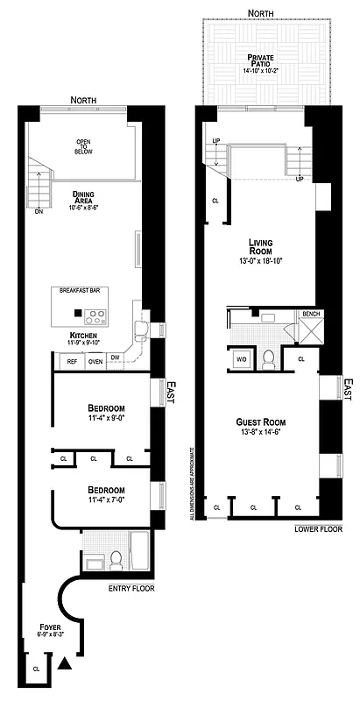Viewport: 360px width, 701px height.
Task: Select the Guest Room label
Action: tap(264, 421)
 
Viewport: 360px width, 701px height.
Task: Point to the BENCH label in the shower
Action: tap(311, 315)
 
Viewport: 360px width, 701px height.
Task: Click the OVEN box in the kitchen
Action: tap(95, 361)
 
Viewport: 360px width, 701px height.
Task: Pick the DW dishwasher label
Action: tap(115, 357)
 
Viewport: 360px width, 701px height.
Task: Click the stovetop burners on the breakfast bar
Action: tap(97, 316)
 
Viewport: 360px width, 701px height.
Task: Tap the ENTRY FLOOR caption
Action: tap(131, 588)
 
